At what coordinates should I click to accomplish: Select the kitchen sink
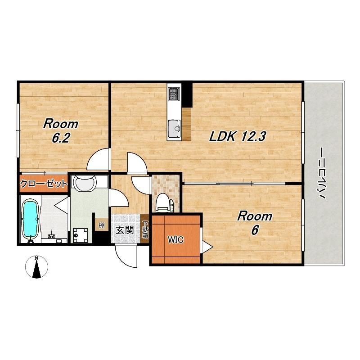(174, 128)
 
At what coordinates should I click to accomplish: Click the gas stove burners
(174, 94)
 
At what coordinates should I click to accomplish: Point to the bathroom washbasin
(85, 183)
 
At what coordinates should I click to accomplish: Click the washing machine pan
(79, 235)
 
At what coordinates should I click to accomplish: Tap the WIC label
(175, 240)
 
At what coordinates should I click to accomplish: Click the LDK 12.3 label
(238, 137)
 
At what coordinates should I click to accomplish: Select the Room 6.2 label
(61, 131)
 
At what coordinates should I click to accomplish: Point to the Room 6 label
(255, 223)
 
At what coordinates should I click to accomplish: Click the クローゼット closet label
(44, 184)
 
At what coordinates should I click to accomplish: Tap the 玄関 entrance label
(125, 230)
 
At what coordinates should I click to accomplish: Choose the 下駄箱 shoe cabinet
(145, 229)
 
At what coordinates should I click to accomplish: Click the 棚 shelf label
(102, 225)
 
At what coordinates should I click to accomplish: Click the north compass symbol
(36, 267)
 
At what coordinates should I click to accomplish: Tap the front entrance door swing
(126, 256)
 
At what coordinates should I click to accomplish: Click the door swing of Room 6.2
(98, 159)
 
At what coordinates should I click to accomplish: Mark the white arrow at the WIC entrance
(207, 247)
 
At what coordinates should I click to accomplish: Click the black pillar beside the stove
(187, 95)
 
